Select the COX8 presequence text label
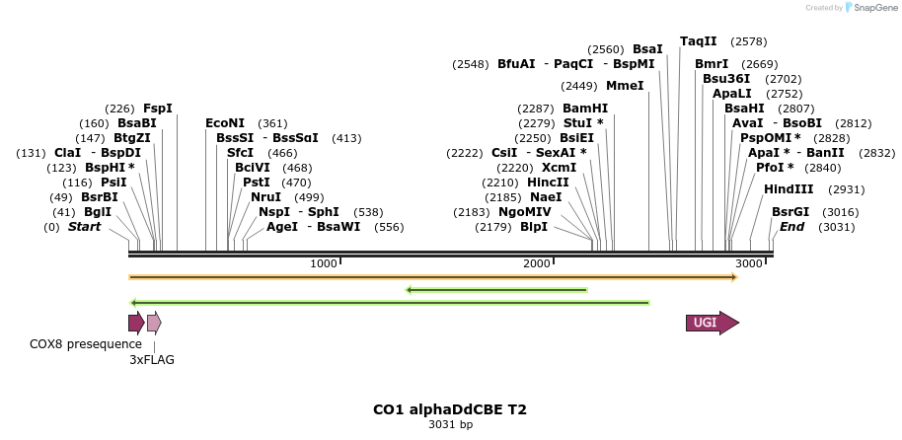[86, 343]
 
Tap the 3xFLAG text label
[152, 360]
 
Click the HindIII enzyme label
[789, 188]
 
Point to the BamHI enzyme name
[585, 108]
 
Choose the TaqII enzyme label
[699, 41]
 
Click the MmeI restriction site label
[625, 86]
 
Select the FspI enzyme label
[158, 108]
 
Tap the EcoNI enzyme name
[225, 123]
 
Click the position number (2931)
[846, 189]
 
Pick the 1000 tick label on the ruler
[323, 263]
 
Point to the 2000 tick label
[536, 263]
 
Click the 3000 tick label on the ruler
[749, 263]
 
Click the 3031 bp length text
[450, 425]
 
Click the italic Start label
[84, 227]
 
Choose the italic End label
[791, 227]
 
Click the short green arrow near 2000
[497, 290]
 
